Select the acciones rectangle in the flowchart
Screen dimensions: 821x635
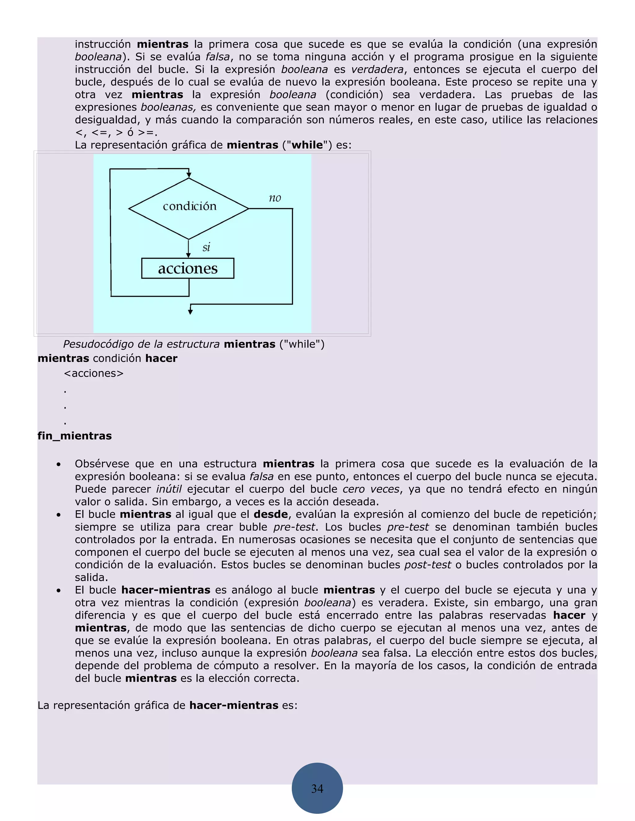[188, 268]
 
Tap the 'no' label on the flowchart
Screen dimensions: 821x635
[275, 198]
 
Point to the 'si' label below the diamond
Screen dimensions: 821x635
[206, 247]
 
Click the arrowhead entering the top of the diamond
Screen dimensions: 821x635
[189, 175]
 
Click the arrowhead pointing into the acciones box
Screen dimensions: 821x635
[189, 255]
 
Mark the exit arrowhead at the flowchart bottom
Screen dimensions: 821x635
[190, 312]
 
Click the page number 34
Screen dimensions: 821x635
[317, 788]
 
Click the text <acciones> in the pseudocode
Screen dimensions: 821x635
[94, 373]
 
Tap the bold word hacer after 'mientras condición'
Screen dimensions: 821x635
[161, 358]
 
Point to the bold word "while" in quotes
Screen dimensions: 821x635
[307, 145]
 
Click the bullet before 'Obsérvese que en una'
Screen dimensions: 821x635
[59, 465]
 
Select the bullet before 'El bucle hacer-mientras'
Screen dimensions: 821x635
[59, 591]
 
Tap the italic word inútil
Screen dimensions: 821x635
[169, 489]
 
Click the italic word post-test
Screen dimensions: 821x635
[427, 564]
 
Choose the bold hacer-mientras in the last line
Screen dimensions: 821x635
[233, 705]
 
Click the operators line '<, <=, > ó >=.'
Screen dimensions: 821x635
[116, 132]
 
